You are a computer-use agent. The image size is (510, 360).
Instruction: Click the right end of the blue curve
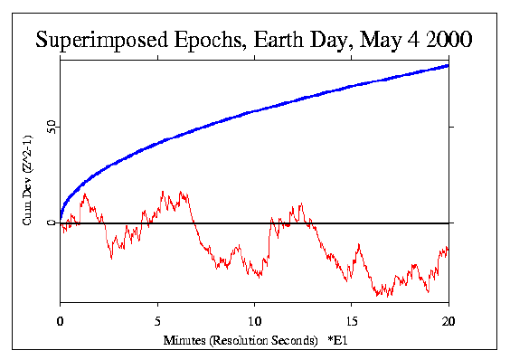(x=449, y=65)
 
